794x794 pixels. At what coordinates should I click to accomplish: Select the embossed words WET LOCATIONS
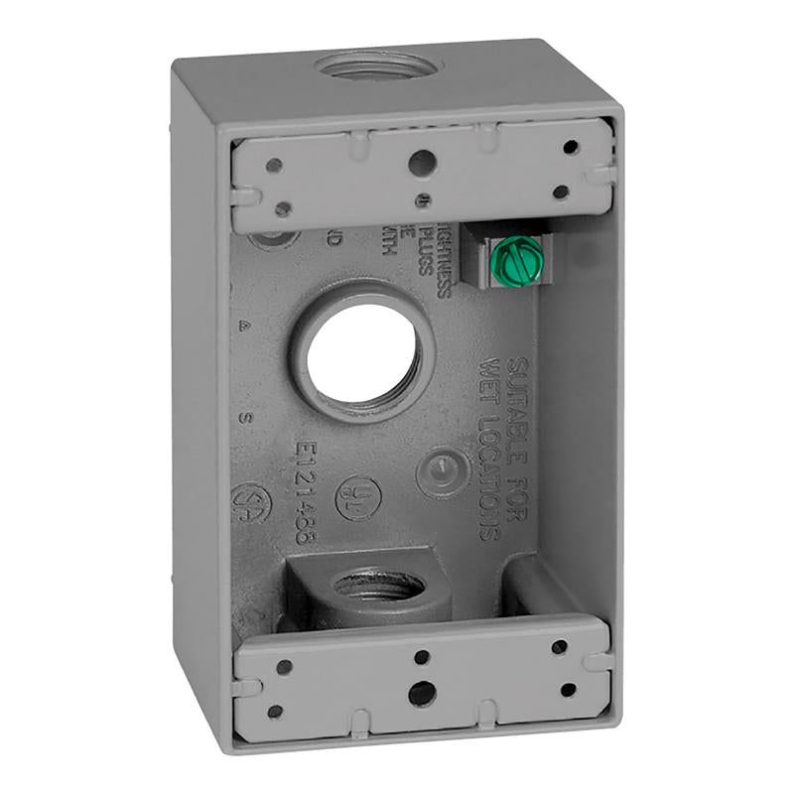[x=492, y=447]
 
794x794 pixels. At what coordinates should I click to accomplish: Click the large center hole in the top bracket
[x=422, y=160]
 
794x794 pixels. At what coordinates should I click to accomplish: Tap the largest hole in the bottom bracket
[x=421, y=693]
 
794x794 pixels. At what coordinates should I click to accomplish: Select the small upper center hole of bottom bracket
[x=422, y=656]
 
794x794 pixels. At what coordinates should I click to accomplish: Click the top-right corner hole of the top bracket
[x=570, y=147]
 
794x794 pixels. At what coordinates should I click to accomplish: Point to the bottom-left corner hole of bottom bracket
[x=275, y=712]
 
